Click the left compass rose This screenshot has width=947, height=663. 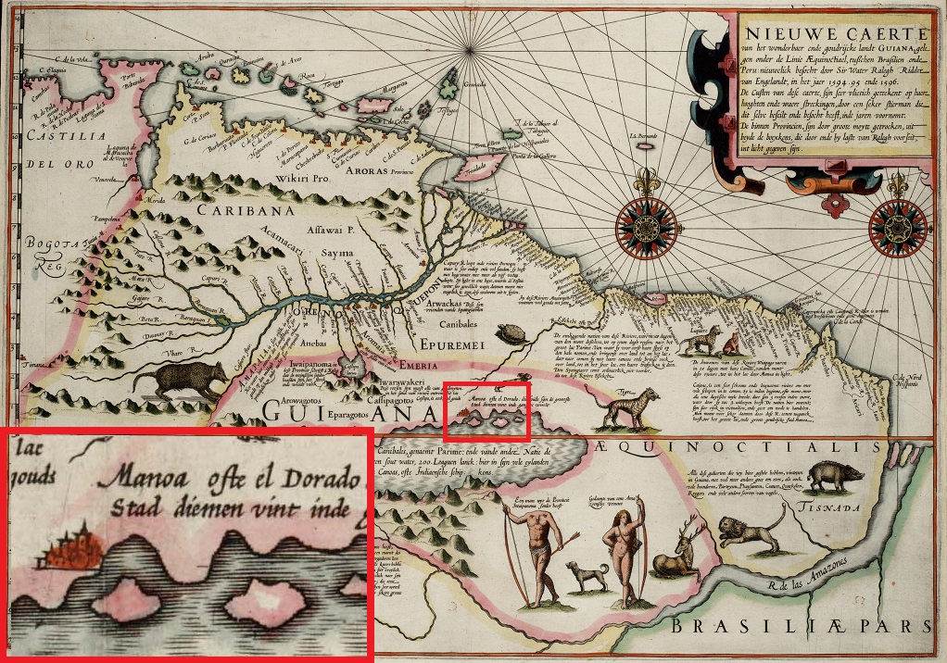[x=646, y=225]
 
